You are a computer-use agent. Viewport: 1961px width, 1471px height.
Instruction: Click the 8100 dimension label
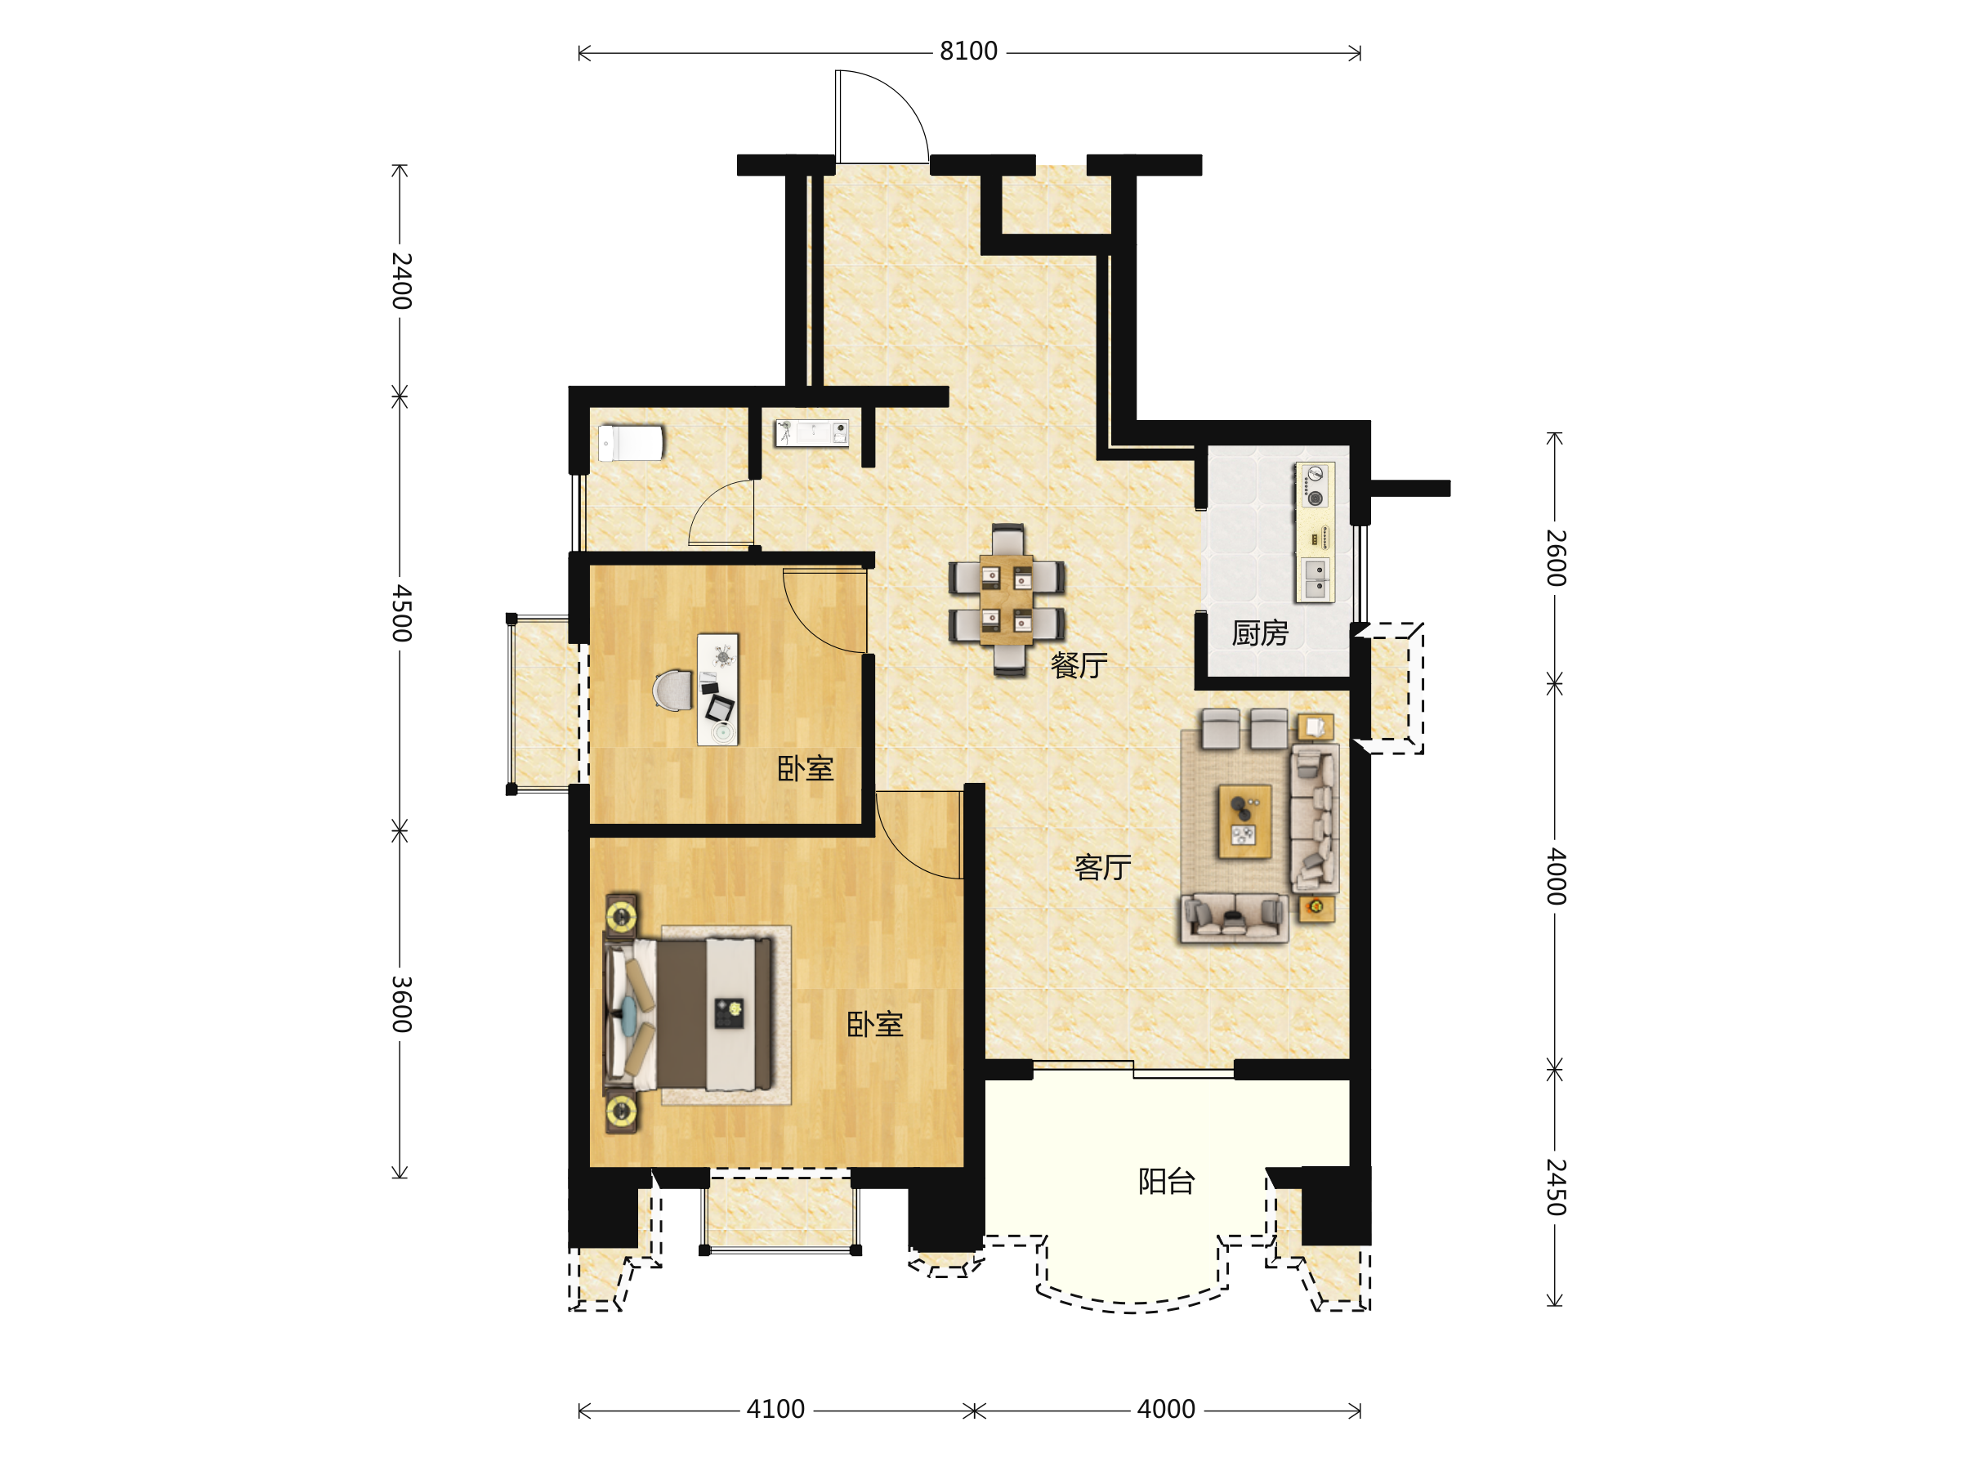968,51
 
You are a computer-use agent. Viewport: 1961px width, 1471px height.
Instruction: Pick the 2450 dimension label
1556,1187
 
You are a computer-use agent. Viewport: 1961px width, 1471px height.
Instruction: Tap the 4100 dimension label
775,1409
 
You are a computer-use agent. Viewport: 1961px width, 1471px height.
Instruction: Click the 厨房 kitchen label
1260,633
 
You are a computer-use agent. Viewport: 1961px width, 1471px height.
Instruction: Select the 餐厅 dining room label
1079,665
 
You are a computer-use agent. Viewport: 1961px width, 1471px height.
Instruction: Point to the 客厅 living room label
1103,867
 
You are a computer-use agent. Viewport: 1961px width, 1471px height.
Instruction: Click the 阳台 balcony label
1167,1181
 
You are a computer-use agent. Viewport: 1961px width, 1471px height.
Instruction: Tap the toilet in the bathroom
630,443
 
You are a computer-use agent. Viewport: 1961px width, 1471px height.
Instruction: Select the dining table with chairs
1006,599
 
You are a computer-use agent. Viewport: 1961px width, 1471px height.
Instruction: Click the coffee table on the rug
1244,821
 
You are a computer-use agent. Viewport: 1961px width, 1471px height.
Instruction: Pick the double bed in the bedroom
689,1014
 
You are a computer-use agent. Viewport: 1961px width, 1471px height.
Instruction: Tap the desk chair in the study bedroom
673,690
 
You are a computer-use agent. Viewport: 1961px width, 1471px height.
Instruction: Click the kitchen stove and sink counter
1314,532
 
